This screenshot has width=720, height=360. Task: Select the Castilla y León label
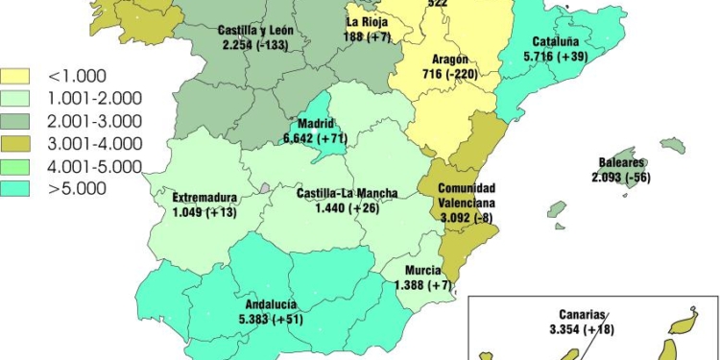tap(255, 30)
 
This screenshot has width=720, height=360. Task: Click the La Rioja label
tap(367, 21)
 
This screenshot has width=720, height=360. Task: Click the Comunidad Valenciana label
tap(468, 196)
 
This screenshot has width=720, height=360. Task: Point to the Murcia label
tap(422, 271)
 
